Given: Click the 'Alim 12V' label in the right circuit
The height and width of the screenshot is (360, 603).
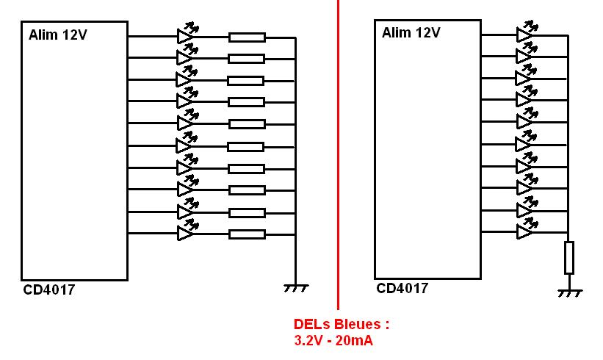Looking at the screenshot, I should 411,32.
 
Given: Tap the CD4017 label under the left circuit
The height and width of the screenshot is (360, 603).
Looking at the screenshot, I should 48,290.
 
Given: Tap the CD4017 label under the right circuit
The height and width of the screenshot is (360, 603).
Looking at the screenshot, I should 402,288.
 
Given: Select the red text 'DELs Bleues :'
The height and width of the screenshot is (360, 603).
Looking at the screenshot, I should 341,325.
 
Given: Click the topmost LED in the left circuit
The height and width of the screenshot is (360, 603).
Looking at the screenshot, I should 185,35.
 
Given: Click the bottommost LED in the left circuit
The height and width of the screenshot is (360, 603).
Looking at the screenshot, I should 185,234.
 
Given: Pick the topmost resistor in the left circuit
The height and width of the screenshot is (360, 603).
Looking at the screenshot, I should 246,36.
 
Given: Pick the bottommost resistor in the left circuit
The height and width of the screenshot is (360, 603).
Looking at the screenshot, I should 246,234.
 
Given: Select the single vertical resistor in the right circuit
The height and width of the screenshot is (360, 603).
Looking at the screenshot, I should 568,257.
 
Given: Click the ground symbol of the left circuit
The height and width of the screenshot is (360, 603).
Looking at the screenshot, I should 295,288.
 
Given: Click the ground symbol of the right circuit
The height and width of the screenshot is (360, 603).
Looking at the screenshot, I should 568,292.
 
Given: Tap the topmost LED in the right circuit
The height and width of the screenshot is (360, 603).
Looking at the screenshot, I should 524,35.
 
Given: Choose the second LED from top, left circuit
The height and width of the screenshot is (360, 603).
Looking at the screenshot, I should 185,57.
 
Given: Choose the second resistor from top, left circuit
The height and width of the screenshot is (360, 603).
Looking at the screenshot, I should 246,58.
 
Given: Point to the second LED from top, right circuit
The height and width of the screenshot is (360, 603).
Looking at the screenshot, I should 524,57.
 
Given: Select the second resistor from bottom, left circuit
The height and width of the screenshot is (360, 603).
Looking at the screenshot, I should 246,212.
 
